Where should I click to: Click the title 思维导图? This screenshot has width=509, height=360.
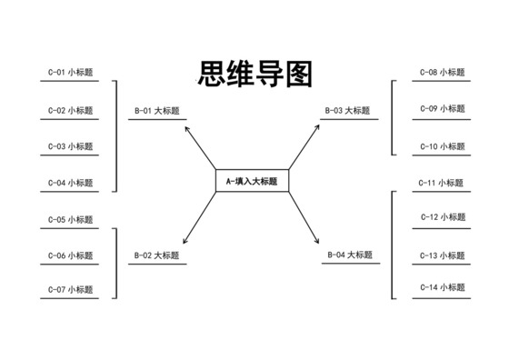[254, 75]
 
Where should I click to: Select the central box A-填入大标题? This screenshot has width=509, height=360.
[252, 181]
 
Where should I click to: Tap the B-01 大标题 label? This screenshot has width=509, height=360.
[157, 111]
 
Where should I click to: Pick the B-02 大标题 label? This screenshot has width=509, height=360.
[157, 255]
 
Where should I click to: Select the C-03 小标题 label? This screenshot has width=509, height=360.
[71, 146]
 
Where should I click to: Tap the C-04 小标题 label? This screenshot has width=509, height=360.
[71, 183]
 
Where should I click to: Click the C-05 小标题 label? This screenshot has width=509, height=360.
[71, 220]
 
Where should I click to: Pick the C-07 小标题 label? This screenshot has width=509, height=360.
[71, 290]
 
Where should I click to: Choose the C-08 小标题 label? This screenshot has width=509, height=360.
[443, 72]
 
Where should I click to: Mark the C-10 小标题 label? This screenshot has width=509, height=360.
[443, 146]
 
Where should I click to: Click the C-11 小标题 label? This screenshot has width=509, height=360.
[443, 183]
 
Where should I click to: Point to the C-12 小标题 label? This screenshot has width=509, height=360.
[443, 217]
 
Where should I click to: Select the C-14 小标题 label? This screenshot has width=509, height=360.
[443, 287]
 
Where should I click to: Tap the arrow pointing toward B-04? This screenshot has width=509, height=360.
[306, 219]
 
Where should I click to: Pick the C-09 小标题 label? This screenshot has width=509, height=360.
[443, 108]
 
